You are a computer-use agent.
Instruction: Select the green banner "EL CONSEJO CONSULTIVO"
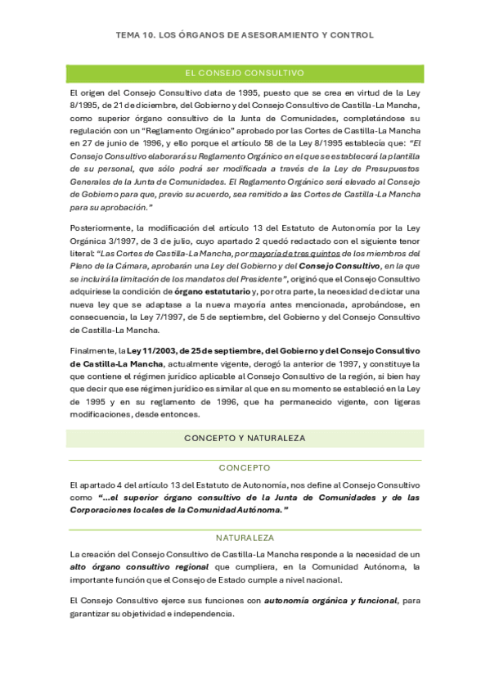tap(245, 73)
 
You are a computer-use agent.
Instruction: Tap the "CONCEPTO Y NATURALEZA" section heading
tap(245, 438)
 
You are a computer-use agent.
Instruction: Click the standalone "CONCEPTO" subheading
tap(245, 468)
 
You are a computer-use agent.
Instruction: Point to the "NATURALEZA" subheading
tap(245, 538)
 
